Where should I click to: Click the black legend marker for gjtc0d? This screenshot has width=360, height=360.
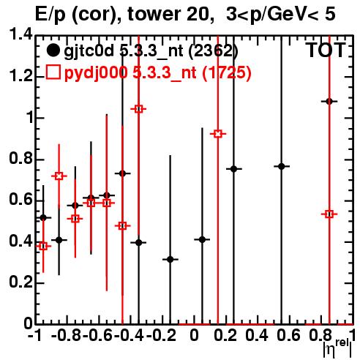(53, 50)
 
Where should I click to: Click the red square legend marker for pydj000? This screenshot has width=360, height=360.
(53, 72)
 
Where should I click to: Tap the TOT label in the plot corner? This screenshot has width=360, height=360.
(326, 50)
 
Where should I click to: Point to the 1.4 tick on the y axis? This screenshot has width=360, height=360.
(20, 34)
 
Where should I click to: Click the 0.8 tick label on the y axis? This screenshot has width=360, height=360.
(20, 159)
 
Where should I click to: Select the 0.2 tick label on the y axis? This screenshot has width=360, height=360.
(20, 282)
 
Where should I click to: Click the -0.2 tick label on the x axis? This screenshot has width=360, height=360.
(161, 335)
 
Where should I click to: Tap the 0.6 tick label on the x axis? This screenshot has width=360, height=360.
(288, 335)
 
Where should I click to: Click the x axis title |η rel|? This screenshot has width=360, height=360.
(337, 349)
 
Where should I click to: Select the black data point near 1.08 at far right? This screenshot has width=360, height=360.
(329, 101)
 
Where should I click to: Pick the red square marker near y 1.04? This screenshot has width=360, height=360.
(138, 109)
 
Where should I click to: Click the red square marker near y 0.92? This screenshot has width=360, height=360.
(218, 134)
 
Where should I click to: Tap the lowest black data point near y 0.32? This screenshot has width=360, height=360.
(170, 259)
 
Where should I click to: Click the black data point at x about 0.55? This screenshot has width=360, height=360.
(282, 166)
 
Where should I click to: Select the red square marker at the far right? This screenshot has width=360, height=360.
(329, 214)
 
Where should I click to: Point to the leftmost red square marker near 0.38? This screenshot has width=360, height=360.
(43, 247)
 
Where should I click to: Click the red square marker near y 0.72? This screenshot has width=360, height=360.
(59, 176)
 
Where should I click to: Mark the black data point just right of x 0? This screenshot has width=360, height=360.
(202, 239)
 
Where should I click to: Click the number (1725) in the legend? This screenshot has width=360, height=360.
(227, 73)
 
